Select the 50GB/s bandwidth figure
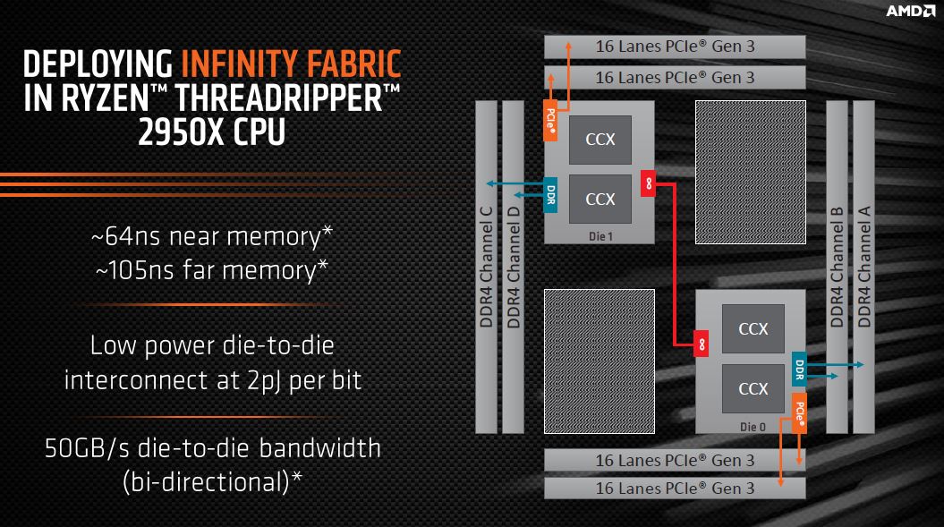click(94, 447)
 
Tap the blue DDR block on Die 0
click(798, 368)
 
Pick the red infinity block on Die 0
click(702, 343)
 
